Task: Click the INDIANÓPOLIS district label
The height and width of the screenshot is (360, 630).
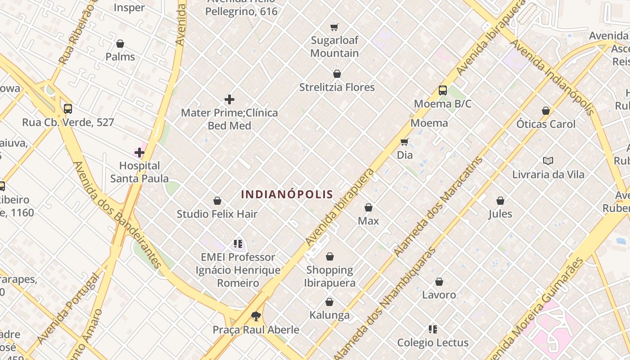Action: click(x=287, y=194)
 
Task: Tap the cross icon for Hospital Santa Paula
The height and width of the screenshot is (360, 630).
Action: click(x=139, y=153)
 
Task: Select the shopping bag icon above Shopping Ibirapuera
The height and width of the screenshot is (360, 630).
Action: click(x=330, y=256)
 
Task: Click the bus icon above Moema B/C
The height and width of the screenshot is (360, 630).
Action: click(x=443, y=90)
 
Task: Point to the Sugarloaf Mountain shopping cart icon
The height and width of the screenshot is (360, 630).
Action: click(x=334, y=27)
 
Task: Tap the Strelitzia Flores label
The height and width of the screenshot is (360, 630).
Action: click(x=337, y=87)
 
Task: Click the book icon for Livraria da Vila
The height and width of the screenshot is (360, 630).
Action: click(x=548, y=161)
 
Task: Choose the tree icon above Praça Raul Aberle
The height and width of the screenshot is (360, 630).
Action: click(x=256, y=316)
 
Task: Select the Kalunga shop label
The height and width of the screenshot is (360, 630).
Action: click(x=329, y=315)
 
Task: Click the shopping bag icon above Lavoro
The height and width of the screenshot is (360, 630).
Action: click(x=439, y=282)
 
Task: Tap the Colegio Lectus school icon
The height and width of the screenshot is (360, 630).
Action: click(x=433, y=329)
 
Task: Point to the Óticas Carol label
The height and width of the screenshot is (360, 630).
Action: click(x=546, y=124)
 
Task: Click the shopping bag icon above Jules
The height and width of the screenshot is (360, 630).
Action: click(x=500, y=201)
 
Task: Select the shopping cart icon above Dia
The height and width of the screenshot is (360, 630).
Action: click(x=404, y=142)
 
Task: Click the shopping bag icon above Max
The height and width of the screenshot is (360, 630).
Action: click(x=369, y=207)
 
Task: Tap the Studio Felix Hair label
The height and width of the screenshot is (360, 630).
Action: click(x=217, y=214)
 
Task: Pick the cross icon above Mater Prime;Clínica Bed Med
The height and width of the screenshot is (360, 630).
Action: click(x=229, y=99)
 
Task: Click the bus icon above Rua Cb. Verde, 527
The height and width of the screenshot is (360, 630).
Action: click(x=68, y=109)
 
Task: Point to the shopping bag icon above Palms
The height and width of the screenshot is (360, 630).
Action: click(x=120, y=44)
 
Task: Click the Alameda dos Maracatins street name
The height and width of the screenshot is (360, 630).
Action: click(x=439, y=207)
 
